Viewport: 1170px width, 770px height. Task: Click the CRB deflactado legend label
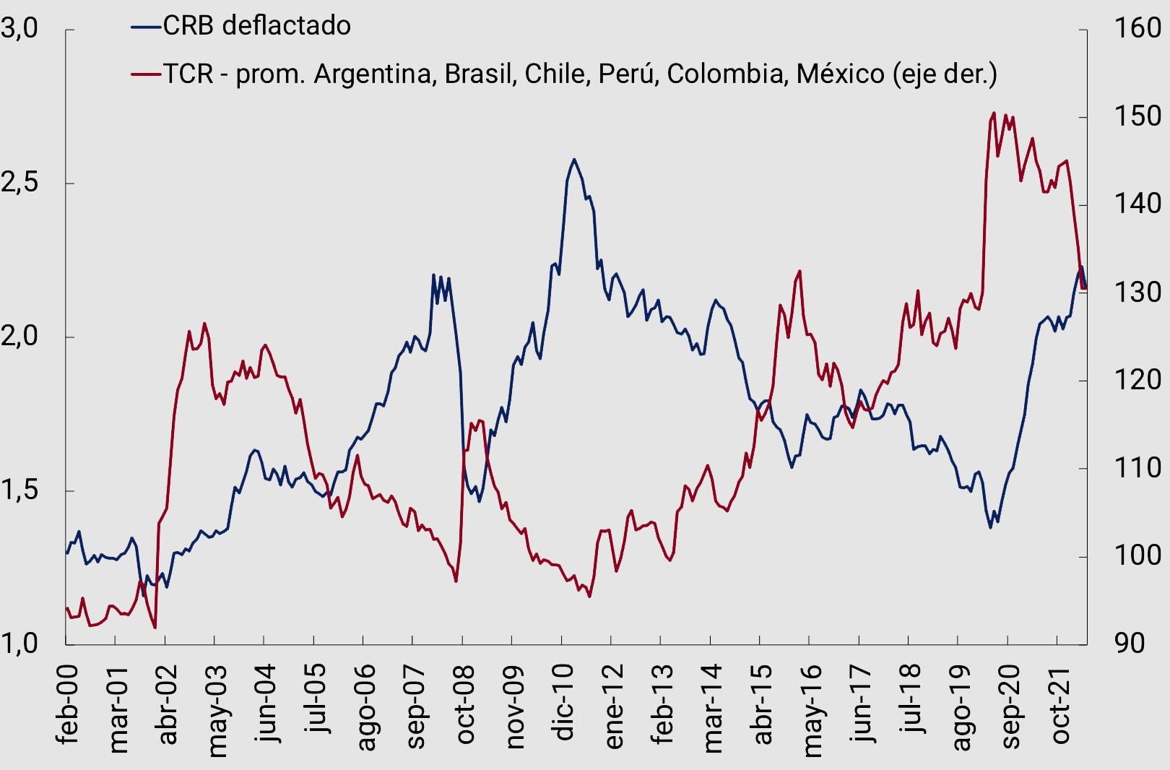pos(256,26)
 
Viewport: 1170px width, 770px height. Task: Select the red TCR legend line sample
pos(146,74)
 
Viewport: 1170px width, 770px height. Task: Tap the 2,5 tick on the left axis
pos(20,183)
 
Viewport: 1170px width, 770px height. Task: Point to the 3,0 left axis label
pos(20,28)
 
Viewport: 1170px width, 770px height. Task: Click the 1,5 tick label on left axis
pos(20,490)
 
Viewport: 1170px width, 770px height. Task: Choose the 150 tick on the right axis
pos(1137,116)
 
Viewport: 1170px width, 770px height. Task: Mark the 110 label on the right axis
pos(1137,468)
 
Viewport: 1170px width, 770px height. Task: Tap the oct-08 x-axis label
pos(464,704)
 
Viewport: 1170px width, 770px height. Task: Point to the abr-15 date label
pos(762,704)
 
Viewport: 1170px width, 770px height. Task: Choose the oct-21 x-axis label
pos(1059,704)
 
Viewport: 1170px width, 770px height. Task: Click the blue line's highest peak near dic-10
pos(574,160)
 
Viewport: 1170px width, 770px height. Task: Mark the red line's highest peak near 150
pos(994,113)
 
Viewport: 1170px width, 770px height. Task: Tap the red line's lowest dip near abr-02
pos(155,627)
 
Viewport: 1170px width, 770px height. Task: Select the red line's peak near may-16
pos(799,272)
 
